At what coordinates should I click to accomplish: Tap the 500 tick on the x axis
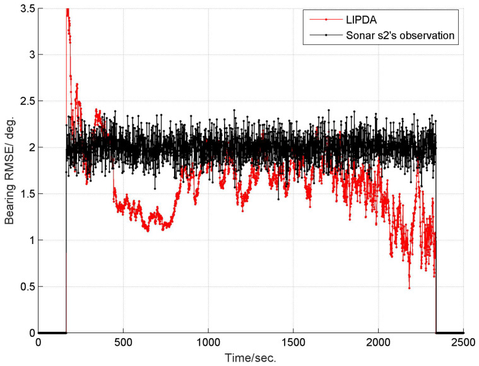click(x=123, y=342)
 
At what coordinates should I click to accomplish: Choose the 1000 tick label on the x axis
click(x=208, y=342)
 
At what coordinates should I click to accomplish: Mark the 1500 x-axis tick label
click(x=293, y=342)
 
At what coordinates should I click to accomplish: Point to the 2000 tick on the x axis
click(x=378, y=342)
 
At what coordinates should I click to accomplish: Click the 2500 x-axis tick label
click(x=463, y=342)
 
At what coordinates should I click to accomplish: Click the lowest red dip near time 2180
click(x=409, y=288)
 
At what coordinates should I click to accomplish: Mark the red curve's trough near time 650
click(x=148, y=231)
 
